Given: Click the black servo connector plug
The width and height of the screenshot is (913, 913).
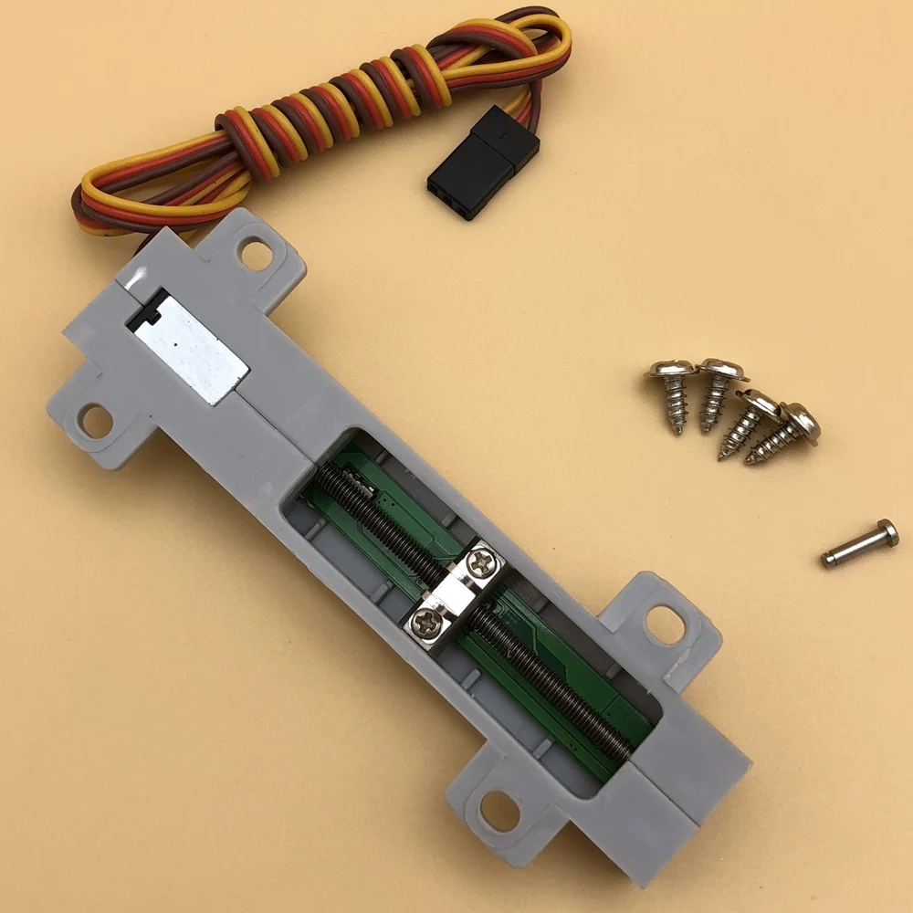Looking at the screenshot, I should tap(482, 163).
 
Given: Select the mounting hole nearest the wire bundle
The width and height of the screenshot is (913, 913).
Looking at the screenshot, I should tap(256, 254).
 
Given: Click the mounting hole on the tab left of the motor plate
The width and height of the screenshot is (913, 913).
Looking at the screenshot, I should tap(95, 420).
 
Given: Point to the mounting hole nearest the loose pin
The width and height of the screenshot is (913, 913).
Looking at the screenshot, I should tap(665, 624).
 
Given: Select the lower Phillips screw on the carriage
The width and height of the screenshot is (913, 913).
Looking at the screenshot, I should tap(426, 623).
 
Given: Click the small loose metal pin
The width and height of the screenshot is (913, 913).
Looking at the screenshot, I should tap(859, 543).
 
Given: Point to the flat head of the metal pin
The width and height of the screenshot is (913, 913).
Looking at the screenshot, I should tap(887, 532).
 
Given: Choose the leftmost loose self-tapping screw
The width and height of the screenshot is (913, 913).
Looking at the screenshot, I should tap(674, 393).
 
